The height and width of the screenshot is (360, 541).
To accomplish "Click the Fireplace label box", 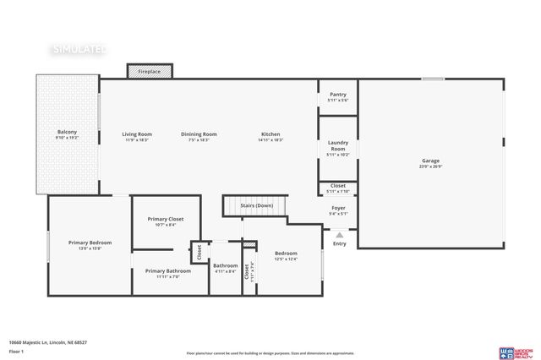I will click(150, 72).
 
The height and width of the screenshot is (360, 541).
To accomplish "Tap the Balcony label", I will click(67, 132).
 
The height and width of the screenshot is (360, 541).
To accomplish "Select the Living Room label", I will click(136, 134).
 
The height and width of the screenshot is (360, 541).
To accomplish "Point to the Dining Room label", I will click(199, 134).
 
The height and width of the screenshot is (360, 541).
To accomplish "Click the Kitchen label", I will click(270, 134).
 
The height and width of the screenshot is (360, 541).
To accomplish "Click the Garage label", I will click(430, 161).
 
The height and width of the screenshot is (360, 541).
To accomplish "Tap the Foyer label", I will click(338, 208).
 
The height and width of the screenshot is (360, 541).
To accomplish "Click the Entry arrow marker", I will click(339, 235).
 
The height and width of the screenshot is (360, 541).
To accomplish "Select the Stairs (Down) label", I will click(253, 205).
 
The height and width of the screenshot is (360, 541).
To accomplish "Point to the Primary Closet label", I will click(166, 219).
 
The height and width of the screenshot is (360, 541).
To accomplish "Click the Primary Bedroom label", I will click(90, 243).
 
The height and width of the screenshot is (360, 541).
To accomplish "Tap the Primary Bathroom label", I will click(168, 271).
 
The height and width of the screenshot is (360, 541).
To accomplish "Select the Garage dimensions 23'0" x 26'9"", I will click(431, 166).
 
